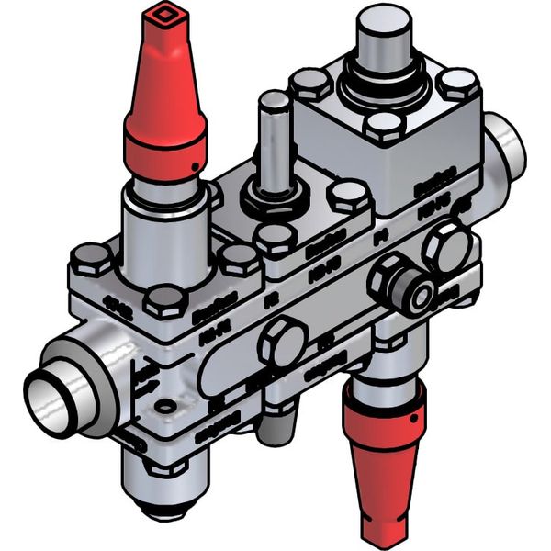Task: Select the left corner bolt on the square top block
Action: [x=311, y=84]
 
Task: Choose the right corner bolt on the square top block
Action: [x=456, y=84]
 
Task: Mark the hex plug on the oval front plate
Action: [x=282, y=342]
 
